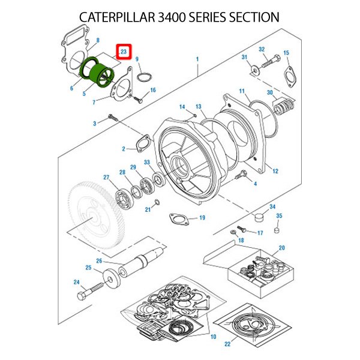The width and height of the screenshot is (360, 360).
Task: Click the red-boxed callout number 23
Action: coord(124,53)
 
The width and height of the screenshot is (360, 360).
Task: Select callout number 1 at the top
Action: coord(196,59)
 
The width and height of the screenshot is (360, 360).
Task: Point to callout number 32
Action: coord(262,49)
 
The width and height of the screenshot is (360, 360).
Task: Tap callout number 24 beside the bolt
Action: coord(76,282)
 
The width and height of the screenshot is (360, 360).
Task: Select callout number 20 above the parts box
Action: coord(281,247)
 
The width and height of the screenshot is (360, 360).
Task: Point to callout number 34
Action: coord(272,206)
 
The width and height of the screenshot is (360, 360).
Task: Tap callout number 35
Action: coord(278,215)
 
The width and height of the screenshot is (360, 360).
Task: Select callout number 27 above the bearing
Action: coord(106,177)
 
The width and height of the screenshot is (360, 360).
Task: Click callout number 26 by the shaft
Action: coord(99,260)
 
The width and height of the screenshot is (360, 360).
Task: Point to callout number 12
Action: coord(275,172)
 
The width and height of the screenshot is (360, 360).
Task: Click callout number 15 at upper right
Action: coord(286,53)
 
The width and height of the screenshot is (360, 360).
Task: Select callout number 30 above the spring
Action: coord(270,92)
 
